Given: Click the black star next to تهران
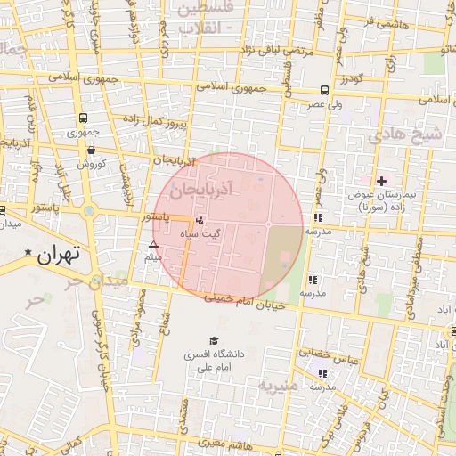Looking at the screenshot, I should tap(29, 255).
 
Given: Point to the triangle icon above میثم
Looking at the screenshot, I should tap(153, 244).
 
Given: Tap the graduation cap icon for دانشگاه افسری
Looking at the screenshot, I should tap(213, 340).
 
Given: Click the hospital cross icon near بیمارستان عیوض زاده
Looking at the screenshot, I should tap(381, 181).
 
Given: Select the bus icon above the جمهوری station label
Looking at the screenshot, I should tap(83, 118).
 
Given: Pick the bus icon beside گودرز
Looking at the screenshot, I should tap(323, 91).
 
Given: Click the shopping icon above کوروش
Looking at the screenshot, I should tap(92, 151).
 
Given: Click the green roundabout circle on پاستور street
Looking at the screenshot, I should tap(89, 212).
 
